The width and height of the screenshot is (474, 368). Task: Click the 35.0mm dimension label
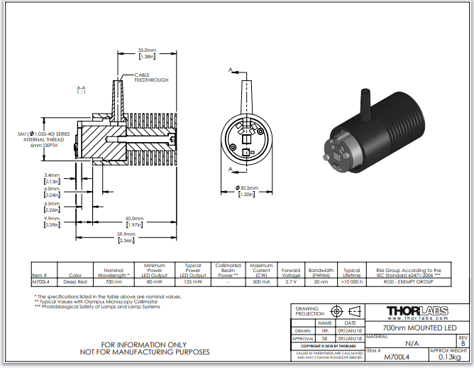click(x=148, y=50)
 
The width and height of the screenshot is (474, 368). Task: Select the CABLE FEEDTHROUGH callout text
click(x=153, y=77)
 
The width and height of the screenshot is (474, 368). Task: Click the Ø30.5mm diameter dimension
click(x=246, y=188)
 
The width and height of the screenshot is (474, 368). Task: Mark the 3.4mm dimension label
click(x=52, y=175)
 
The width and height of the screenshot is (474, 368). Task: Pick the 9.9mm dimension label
click(x=52, y=218)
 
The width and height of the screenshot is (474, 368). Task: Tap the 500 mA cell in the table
click(x=261, y=282)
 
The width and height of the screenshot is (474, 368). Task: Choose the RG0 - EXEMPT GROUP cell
click(x=403, y=282)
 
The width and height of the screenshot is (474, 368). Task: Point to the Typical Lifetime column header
click(x=351, y=272)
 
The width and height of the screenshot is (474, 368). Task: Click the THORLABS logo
click(x=417, y=310)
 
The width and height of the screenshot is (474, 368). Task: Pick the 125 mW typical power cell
click(x=193, y=282)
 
